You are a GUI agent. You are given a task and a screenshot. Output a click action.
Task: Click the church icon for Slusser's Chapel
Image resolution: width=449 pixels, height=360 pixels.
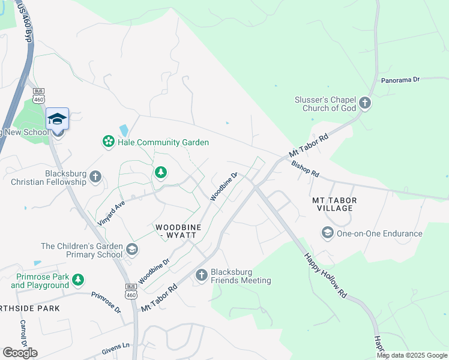365,104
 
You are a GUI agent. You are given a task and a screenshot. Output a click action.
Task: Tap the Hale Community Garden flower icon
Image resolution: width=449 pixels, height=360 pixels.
108,142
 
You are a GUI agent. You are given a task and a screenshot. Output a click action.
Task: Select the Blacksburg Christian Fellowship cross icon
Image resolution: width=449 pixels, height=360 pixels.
95,178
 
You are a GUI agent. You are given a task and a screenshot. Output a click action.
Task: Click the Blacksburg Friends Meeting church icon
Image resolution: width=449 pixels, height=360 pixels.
201,275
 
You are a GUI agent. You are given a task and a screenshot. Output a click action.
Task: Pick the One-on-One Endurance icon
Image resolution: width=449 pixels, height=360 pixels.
327,233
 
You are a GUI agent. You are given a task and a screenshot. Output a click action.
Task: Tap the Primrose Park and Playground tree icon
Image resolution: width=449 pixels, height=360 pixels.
77,280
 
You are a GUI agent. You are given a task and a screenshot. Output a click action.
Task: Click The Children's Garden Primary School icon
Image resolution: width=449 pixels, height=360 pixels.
131,248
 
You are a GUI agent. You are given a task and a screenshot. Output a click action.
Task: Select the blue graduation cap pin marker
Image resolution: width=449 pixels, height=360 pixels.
58,119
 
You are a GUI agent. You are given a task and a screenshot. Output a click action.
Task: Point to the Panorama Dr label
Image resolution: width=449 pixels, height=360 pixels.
402,80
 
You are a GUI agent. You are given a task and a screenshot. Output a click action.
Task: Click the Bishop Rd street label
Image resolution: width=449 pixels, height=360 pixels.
305,169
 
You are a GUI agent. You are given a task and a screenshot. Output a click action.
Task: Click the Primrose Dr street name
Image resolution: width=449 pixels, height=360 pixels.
106,302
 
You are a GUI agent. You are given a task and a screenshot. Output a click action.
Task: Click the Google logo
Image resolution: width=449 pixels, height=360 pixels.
20,353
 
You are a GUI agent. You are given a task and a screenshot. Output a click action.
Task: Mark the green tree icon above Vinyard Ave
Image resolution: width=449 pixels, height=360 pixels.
160,173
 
